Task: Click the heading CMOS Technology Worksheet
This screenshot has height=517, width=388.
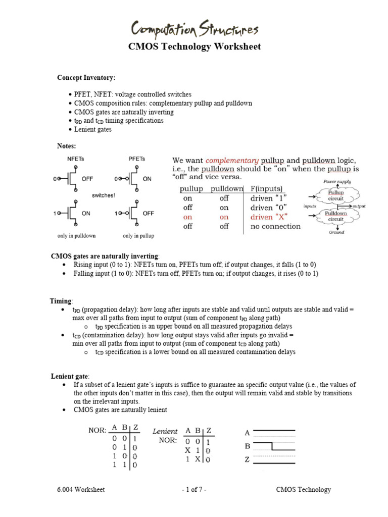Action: tap(193, 47)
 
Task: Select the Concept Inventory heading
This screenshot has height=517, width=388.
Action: tap(86, 78)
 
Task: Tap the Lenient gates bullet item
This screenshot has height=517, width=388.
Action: tap(93, 129)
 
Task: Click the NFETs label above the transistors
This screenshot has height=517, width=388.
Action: tap(77, 159)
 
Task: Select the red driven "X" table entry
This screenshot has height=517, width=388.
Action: tap(268, 217)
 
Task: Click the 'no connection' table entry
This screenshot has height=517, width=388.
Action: tap(275, 226)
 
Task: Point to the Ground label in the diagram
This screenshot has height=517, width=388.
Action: tap(337, 232)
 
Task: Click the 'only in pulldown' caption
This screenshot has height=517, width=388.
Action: tap(77, 236)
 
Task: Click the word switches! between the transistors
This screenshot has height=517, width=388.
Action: tap(104, 195)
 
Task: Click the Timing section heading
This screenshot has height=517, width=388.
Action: tap(61, 301)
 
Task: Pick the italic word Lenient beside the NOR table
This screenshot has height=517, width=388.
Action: tap(165, 431)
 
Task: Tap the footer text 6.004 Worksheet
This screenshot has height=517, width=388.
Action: tap(81, 490)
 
